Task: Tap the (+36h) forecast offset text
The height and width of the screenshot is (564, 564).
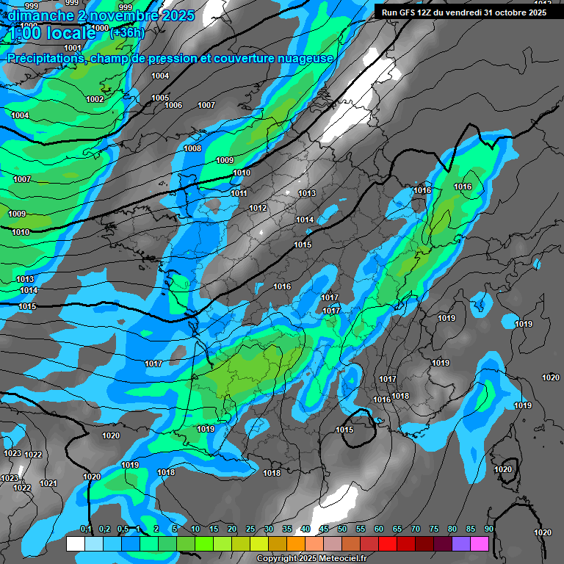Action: [127, 32]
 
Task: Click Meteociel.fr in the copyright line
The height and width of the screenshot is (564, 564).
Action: [337, 558]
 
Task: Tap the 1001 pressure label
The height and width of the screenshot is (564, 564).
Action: [73, 48]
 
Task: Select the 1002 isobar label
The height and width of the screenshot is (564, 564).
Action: [95, 99]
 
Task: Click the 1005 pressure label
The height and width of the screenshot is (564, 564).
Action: [160, 98]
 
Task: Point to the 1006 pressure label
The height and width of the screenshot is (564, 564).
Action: [173, 105]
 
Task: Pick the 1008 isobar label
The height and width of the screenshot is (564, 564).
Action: [192, 148]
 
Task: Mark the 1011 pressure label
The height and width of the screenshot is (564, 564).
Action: [239, 193]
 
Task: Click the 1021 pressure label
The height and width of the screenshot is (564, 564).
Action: [48, 482]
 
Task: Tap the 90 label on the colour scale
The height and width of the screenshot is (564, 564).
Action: [488, 529]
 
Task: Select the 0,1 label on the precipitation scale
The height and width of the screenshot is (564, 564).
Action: [85, 529]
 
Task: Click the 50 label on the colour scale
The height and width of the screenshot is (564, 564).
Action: [342, 529]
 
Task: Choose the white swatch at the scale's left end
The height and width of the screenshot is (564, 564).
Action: [75, 543]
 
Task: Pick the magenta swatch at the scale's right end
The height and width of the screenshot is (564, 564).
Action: [479, 543]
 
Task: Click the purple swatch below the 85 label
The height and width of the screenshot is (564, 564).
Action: [460, 543]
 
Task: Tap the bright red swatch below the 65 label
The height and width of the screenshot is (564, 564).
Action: [387, 543]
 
